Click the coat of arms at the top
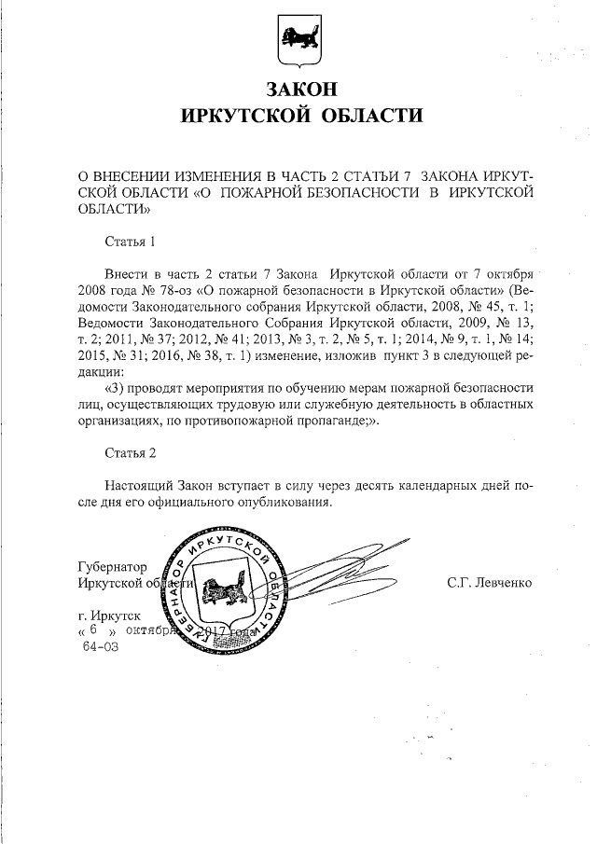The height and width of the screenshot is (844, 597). (x=298, y=42)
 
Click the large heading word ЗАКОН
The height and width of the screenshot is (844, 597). (x=299, y=90)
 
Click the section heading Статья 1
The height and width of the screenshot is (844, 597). (x=130, y=242)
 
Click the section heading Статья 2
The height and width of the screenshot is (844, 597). (x=130, y=452)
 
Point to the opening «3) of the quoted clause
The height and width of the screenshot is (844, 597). (x=117, y=386)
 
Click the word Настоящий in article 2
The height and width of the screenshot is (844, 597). (x=140, y=486)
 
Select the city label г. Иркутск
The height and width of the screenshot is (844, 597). (x=110, y=616)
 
